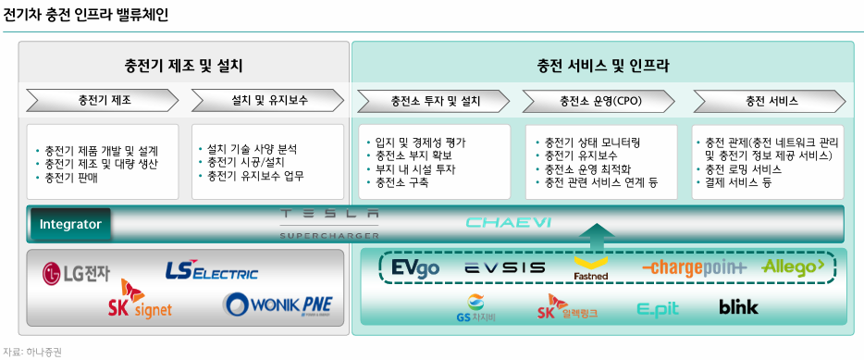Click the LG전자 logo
tap(76, 273)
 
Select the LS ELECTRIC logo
tap(211, 271)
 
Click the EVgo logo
tap(415, 267)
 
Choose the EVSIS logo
tap(504, 267)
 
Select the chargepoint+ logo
tap(694, 267)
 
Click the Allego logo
tap(793, 267)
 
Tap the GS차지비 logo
tap(475, 307)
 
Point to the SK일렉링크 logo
tap(566, 307)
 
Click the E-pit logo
tap(658, 307)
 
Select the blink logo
tap(738, 306)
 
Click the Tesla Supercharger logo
tap(329, 223)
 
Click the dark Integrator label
tap(70, 223)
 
